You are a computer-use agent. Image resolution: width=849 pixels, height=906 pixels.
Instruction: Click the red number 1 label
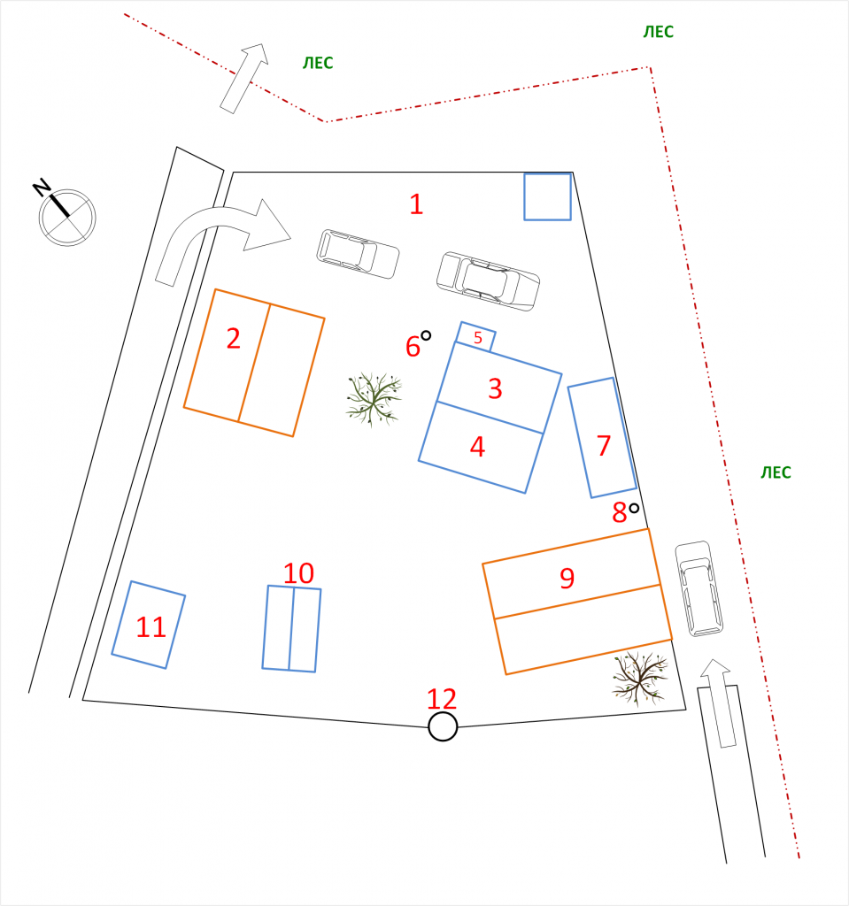tap(416, 204)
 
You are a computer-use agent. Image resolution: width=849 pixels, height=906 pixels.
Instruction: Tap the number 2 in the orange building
tap(233, 339)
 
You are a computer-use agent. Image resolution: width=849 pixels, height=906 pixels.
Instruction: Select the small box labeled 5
tap(476, 337)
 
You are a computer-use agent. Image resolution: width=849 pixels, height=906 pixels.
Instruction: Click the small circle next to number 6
tap(426, 335)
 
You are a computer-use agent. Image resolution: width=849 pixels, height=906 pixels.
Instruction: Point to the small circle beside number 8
tap(634, 508)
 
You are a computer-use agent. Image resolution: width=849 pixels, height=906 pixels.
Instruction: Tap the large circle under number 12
tap(443, 726)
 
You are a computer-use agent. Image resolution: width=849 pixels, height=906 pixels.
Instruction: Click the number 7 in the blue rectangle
tap(604, 446)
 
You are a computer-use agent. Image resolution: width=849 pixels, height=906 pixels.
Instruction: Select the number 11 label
tap(151, 627)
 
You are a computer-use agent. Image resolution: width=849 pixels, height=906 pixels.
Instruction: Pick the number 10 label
tap(298, 573)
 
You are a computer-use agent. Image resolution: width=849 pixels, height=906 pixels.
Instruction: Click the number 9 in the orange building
tap(567, 578)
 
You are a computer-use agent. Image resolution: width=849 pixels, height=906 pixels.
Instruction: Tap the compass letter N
tap(41, 188)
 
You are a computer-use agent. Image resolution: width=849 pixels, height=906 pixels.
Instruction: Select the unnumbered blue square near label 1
tap(548, 196)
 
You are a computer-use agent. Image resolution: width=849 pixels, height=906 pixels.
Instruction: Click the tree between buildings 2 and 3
tap(374, 399)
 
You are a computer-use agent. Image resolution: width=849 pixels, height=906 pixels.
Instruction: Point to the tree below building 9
tap(640, 679)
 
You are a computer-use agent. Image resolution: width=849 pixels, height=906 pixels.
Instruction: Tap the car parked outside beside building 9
tap(698, 588)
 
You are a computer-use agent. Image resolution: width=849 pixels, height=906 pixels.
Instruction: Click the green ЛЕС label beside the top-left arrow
tap(318, 63)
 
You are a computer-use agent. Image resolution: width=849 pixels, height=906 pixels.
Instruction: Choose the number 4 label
tap(477, 447)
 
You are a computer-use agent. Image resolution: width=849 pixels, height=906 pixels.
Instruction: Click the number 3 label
tap(495, 389)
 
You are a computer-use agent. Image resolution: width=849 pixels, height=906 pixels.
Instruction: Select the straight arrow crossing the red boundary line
tap(244, 78)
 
